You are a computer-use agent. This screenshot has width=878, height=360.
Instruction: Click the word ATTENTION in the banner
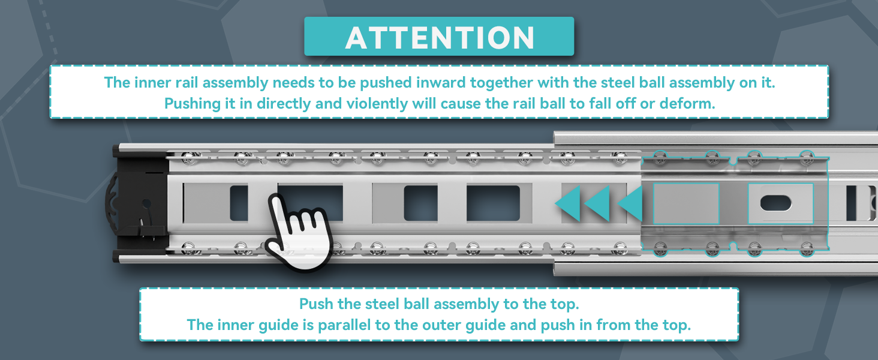(440, 38)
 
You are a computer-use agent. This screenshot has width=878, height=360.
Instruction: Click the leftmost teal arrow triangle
(568, 203)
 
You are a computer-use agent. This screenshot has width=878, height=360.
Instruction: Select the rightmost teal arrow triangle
(630, 203)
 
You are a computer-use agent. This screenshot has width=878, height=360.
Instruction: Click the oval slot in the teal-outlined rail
(775, 203)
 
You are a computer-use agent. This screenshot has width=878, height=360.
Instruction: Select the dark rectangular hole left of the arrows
(493, 203)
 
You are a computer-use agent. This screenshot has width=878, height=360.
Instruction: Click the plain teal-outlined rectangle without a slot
(686, 203)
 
